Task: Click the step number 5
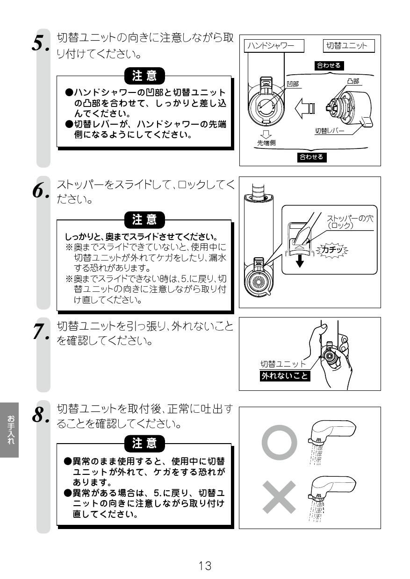click(40, 43)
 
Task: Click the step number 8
click(40, 414)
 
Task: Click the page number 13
click(205, 566)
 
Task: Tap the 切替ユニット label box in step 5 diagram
click(346, 45)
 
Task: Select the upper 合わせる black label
click(329, 65)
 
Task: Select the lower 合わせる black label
click(311, 157)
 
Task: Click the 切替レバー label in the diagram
click(329, 131)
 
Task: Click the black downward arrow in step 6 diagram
click(300, 261)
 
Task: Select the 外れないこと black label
click(285, 375)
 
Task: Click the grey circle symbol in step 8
click(279, 442)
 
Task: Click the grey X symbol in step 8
click(279, 496)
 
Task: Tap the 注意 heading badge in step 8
click(144, 443)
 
